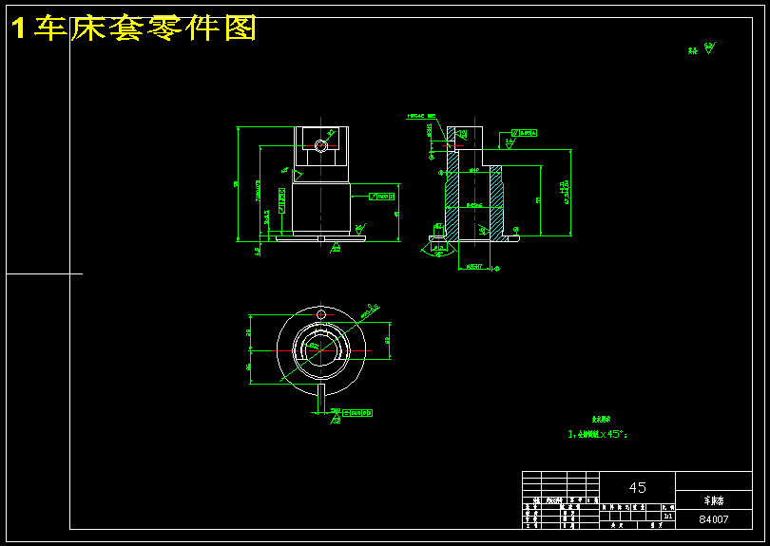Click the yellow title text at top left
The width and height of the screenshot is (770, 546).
pos(134,28)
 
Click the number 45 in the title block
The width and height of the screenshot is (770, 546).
pos(637,487)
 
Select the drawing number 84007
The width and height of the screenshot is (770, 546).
pos(713,519)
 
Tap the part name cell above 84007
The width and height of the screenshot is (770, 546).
pos(713,499)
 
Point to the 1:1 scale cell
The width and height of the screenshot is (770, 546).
pos(668,517)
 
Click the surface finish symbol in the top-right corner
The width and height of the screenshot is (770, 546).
pos(708,48)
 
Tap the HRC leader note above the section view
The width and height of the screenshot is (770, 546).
pos(420,117)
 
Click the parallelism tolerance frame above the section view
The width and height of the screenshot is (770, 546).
pos(525,133)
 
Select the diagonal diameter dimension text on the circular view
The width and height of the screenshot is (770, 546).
pos(368,310)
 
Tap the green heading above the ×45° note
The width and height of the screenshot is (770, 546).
pos(601,418)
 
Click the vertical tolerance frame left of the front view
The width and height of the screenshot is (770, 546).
pos(281,197)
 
